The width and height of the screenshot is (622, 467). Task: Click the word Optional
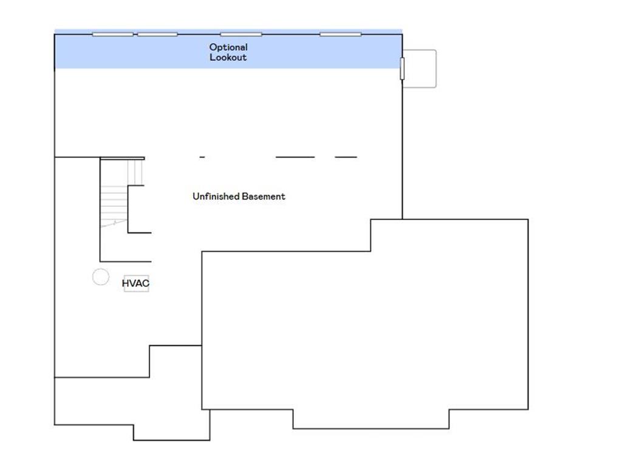[228, 47]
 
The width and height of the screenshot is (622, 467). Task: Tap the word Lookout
[228, 58]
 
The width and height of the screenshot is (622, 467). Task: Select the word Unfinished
[216, 196]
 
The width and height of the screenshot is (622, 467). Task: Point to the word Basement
[264, 196]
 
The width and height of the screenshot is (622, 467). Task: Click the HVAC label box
[136, 283]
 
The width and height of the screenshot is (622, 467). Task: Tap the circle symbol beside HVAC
[101, 277]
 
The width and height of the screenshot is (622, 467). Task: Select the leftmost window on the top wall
[112, 34]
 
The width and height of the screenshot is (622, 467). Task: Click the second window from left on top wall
[157, 34]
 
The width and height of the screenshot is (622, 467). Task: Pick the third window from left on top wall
[241, 34]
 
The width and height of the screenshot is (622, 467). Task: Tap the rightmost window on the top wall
[340, 34]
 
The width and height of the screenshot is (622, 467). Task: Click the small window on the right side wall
[402, 68]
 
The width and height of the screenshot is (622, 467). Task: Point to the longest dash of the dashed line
[295, 157]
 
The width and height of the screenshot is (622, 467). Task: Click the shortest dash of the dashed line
[202, 157]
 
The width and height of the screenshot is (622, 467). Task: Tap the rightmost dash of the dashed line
[346, 157]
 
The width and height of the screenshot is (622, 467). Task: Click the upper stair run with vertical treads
[135, 172]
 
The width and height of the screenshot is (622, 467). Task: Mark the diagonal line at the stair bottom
[114, 223]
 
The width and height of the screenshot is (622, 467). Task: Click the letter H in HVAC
[125, 283]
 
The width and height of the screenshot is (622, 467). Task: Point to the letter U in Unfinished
[195, 196]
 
